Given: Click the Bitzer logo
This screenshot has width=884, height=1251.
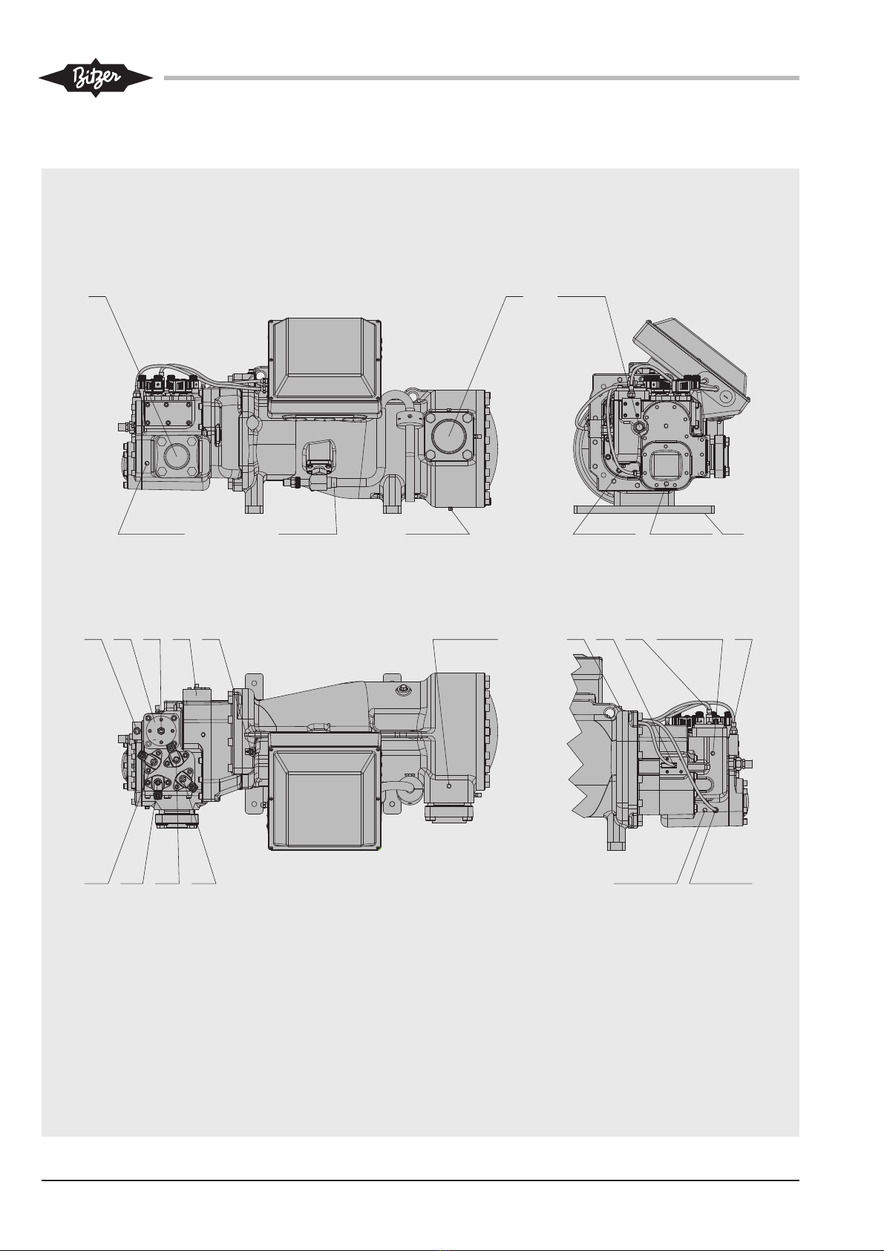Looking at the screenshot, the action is pos(96,78).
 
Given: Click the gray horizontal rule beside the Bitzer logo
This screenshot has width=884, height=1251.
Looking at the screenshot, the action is pos(482,78).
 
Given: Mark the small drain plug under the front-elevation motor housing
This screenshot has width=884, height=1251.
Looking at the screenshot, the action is pos(451,509).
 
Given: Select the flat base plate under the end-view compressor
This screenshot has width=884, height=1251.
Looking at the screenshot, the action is pos(644,509).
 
